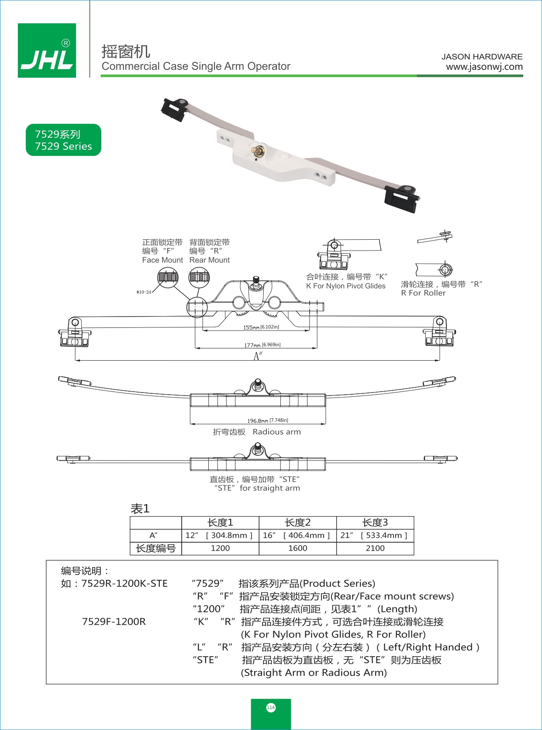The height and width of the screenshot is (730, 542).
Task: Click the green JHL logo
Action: tap(47, 50)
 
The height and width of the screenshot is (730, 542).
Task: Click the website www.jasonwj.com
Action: tap(484, 67)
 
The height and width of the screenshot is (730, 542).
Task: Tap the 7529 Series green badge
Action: tap(63, 140)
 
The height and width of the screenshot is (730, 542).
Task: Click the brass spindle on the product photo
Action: tap(257, 151)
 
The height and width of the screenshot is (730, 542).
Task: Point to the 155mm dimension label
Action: tap(261, 327)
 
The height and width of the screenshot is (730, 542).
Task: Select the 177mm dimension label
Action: tap(262, 345)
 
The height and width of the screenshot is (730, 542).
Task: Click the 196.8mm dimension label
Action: tap(267, 420)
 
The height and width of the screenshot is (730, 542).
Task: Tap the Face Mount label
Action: tap(162, 260)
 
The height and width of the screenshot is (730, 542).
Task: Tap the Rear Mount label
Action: tap(209, 260)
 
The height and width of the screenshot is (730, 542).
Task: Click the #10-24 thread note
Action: tap(144, 292)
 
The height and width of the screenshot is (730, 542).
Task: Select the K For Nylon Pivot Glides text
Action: tap(345, 286)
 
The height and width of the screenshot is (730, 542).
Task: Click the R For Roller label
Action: tap(423, 293)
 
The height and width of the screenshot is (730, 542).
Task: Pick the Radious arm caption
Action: tap(276, 432)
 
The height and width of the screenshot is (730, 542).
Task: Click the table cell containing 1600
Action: tap(297, 548)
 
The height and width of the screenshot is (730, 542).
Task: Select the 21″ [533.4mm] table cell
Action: tap(375, 535)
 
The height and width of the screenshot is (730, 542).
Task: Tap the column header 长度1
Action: tap(220, 523)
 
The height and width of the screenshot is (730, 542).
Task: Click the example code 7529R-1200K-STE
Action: tap(124, 584)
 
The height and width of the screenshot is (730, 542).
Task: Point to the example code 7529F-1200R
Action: tap(114, 622)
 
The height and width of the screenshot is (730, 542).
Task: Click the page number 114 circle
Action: tap(271, 707)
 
